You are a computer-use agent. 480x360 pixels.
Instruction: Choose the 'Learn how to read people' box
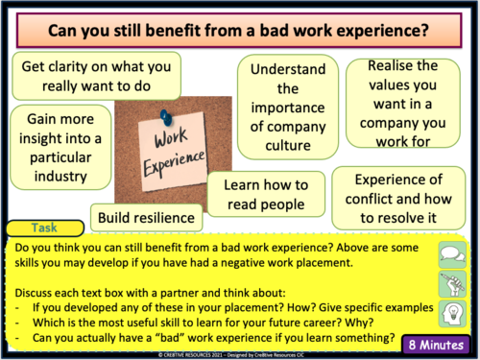pos(260,196)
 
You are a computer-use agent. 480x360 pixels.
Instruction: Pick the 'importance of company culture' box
pos(288,108)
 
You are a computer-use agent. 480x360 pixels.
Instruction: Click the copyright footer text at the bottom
pos(239,355)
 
